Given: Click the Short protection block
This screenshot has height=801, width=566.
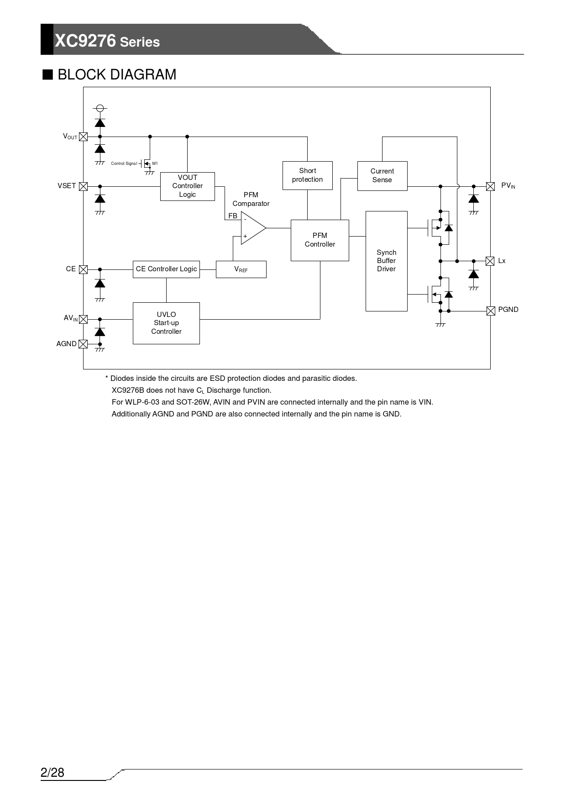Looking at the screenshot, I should tap(307, 175).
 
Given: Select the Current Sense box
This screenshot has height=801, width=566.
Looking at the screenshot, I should tap(382, 176).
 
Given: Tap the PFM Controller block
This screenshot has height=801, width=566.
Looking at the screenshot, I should tap(320, 240).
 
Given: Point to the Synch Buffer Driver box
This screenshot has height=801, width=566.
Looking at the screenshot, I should tap(386, 261).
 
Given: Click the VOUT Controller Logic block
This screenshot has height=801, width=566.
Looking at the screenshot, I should tap(187, 186).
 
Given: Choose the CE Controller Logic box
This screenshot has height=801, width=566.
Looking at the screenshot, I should tap(166, 269).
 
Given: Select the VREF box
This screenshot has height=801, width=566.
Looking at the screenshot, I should tap(241, 269).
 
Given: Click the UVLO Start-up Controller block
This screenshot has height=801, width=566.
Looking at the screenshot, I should tap(166, 323).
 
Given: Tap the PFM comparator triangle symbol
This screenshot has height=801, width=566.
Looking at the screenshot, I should tap(252, 228).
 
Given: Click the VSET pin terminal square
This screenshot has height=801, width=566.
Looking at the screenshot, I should tap(83, 186).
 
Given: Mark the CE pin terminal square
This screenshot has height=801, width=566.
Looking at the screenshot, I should tap(83, 269).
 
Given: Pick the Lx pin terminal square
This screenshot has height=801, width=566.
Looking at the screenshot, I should tap(490, 261).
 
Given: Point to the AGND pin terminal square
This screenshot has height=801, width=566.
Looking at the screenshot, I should tap(83, 344).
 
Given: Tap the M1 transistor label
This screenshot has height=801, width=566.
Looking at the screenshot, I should tap(155, 163).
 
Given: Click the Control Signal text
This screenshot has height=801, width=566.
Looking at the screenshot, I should tap(124, 163).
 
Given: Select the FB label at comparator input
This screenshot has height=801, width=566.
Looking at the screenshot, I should tap(233, 216).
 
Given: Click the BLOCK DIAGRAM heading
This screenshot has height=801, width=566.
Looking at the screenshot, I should tap(116, 74).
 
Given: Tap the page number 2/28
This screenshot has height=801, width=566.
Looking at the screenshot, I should tap(52, 773).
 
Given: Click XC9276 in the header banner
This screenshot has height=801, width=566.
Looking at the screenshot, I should tap(85, 41).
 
